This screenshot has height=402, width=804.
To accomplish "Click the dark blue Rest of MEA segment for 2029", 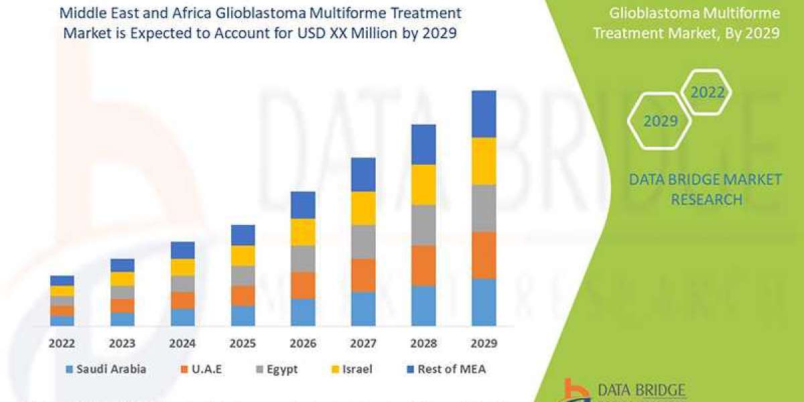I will pos(484,114).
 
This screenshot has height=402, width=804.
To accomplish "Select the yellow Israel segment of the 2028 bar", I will pos(423,184).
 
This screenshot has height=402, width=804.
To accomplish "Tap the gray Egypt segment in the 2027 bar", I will pos(363,242).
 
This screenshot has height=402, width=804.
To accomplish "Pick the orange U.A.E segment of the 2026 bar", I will pos(303,285).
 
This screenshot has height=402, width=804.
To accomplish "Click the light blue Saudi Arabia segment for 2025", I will pos(243,316).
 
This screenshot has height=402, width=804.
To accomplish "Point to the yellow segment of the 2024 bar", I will pos(182,267).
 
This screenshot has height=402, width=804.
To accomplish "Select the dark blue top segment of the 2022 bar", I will pos(62,280).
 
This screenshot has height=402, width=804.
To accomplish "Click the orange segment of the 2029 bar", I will pos(484,255).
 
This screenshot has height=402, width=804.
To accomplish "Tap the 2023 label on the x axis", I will pos(123,344).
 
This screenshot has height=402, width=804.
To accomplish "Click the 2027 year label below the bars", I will pos(363,344).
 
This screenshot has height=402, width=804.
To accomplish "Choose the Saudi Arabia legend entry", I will pos(105,368).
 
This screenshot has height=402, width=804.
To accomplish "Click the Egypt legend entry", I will pos(275,368).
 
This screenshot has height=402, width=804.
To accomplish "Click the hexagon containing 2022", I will pos(707,92).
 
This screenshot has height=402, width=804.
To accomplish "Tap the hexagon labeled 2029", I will pos(660,121).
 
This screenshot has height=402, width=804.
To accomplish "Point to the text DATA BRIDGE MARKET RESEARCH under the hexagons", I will pos(706,189).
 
